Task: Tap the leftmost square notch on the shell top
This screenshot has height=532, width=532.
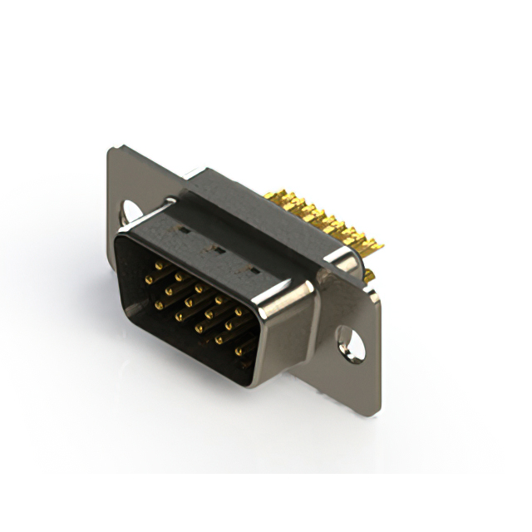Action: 185,227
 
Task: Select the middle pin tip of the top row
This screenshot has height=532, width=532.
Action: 199,288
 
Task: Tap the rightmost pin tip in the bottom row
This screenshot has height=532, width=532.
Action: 239,352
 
